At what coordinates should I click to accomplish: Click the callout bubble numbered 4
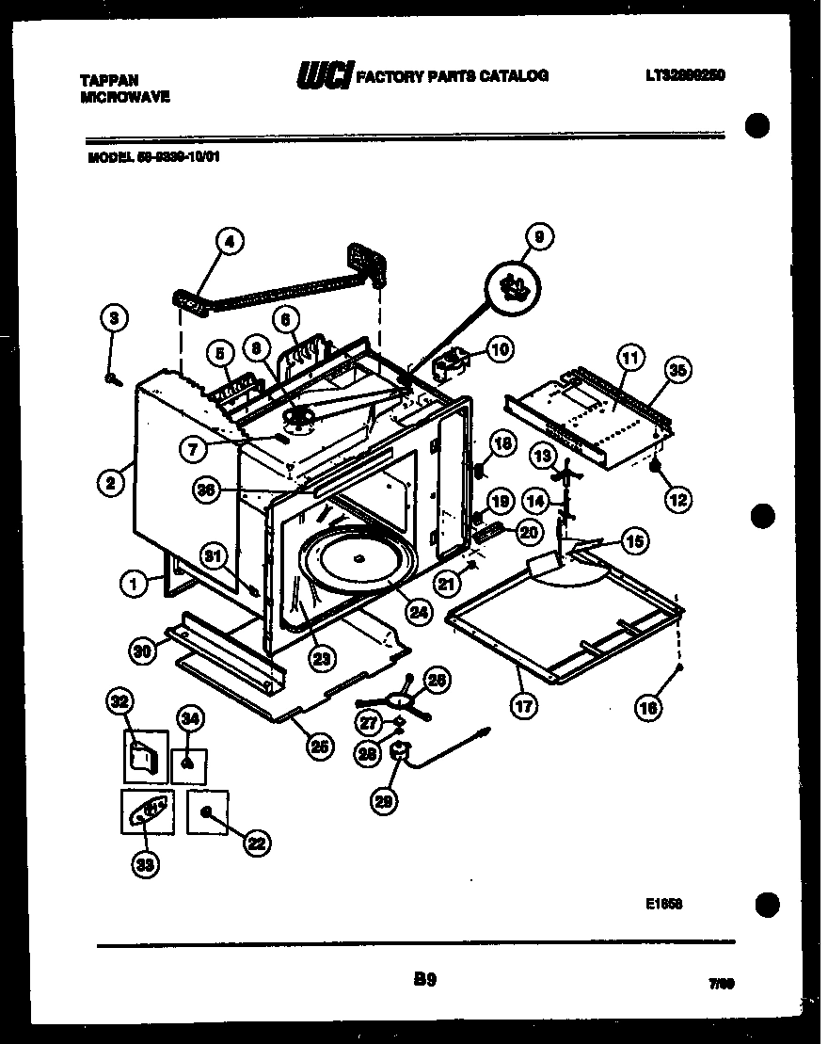tap(229, 242)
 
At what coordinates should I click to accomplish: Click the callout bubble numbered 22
tap(256, 844)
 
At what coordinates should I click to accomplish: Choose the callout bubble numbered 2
tap(111, 484)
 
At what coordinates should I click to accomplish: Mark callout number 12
tap(677, 500)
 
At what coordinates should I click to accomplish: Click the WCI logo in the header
tap(325, 75)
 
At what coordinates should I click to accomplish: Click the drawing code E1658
tap(664, 904)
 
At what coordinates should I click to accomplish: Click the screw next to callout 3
tap(113, 377)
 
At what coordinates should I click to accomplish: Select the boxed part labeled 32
tap(146, 757)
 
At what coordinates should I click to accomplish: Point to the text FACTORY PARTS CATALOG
tap(453, 75)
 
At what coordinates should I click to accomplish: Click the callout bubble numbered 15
tap(635, 541)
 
